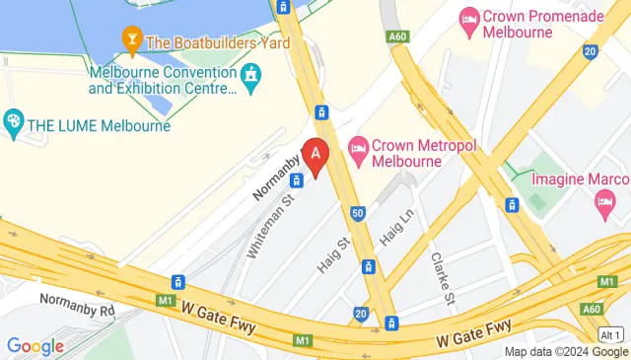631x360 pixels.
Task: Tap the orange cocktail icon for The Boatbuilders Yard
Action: [130, 40]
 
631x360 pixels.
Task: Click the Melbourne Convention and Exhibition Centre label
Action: [163, 81]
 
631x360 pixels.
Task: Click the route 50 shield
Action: [358, 212]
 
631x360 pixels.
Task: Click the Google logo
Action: [35, 346]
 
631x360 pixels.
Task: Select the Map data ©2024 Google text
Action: [565, 352]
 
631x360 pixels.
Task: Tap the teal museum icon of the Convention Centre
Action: [252, 74]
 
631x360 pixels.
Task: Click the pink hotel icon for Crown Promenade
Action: [469, 19]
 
